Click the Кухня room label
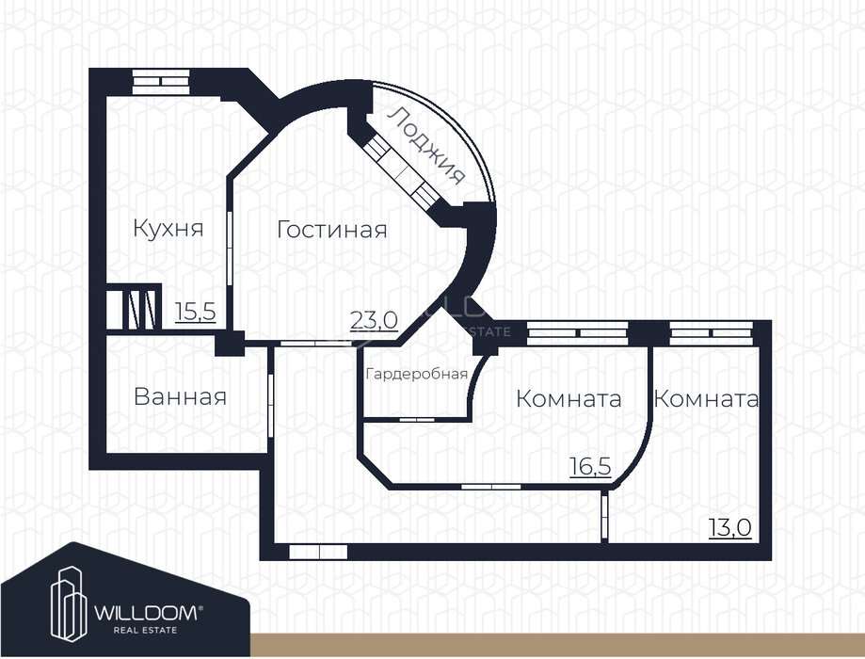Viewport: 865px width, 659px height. [x=168, y=229]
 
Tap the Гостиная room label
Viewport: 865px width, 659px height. [x=331, y=230]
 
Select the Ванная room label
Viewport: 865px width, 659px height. [x=180, y=396]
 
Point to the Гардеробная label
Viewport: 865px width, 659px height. [x=416, y=374]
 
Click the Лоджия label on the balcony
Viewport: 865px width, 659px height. [x=428, y=146]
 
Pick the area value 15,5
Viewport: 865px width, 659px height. [x=196, y=312]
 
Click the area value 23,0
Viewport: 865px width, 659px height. [x=374, y=319]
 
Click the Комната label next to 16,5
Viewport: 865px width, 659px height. [x=569, y=398]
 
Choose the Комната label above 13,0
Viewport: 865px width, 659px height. [x=706, y=398]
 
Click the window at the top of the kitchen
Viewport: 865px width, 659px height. [x=161, y=80]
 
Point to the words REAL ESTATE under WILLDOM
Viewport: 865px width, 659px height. [x=141, y=630]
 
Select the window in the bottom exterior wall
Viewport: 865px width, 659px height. [x=318, y=552]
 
